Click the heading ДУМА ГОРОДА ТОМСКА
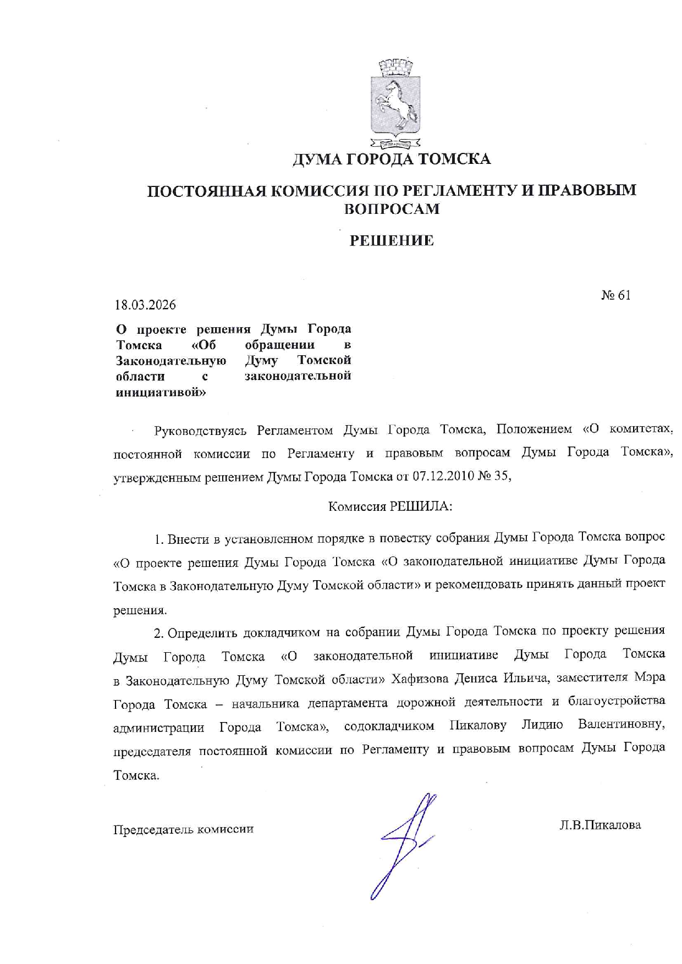point(391,159)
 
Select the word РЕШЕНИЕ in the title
point(392,240)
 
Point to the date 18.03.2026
point(145,304)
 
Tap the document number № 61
point(615,295)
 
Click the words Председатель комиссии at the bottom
point(183,829)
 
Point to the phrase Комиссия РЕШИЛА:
point(390,506)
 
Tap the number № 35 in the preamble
point(496,476)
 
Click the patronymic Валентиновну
point(621,724)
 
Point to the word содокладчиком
point(389,726)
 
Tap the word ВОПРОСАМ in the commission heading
point(391,209)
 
